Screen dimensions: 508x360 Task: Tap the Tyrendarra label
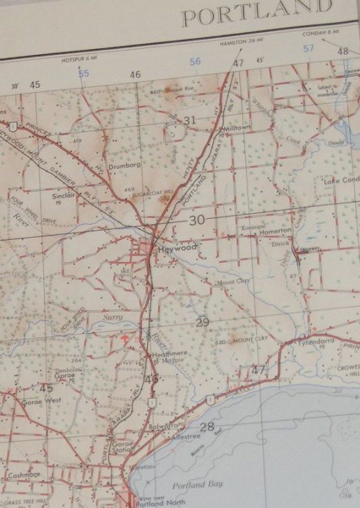pos(317,343)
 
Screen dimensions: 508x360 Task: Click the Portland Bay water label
pos(188,485)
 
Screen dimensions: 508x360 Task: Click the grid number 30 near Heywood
pos(197,220)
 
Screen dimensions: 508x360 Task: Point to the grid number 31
pos(191,121)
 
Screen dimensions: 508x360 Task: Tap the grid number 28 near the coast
pos(207,427)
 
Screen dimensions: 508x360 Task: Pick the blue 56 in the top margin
pos(195,62)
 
